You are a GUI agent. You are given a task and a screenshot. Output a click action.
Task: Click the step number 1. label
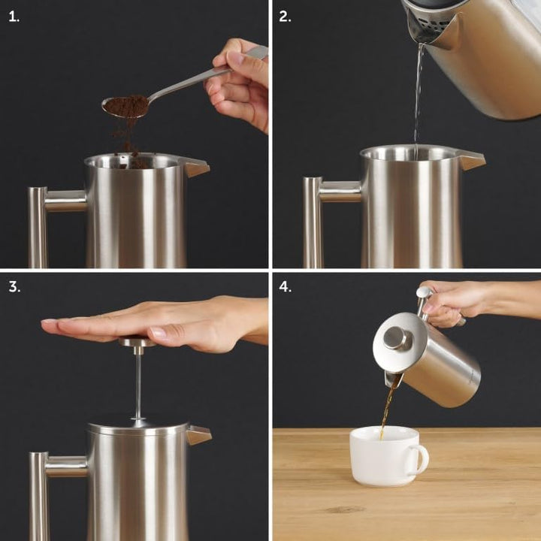[x=14, y=17]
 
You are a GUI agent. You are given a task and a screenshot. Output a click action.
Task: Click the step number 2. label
[x=285, y=17]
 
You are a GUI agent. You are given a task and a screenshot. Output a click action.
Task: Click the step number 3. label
[x=14, y=288]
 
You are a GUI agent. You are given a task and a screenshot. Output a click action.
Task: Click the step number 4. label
[x=285, y=288]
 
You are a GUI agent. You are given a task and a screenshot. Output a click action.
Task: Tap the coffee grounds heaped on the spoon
[x=125, y=106]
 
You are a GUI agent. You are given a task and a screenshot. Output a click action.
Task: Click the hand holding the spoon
[x=240, y=83]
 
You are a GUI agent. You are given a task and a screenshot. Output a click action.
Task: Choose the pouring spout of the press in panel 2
[x=472, y=160]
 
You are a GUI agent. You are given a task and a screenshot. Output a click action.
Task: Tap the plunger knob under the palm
[x=136, y=343]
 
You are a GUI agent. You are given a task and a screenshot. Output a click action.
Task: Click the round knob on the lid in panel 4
[x=396, y=338]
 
